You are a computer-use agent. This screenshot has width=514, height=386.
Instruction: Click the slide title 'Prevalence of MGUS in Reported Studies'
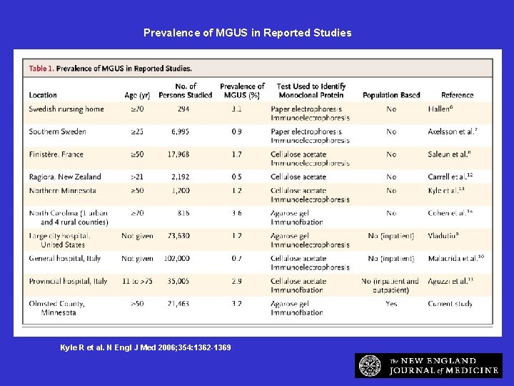247,33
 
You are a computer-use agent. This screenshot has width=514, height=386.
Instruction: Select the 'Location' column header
43,95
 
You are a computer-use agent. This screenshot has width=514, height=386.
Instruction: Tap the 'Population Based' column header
391,95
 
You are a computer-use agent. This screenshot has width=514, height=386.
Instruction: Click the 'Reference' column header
457,95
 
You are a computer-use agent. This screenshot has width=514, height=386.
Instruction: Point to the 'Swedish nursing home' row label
66,109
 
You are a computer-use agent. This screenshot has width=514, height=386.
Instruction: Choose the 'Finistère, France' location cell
56,154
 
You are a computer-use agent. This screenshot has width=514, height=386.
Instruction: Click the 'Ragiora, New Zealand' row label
65,177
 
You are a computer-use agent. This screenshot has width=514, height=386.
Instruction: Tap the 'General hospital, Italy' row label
64,259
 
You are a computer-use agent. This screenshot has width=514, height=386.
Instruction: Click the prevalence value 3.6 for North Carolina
236,213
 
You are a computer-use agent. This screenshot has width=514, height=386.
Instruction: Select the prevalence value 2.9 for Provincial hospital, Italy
236,282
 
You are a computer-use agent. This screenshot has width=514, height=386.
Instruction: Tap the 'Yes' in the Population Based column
391,304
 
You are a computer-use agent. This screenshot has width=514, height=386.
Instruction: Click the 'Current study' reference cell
450,304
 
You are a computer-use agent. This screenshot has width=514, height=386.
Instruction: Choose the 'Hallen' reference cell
440,109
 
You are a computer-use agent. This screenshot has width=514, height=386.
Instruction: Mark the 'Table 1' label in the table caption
41,69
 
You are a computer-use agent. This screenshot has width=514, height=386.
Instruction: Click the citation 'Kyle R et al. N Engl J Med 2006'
146,347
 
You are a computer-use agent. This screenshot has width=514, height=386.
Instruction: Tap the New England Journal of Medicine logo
428,365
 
